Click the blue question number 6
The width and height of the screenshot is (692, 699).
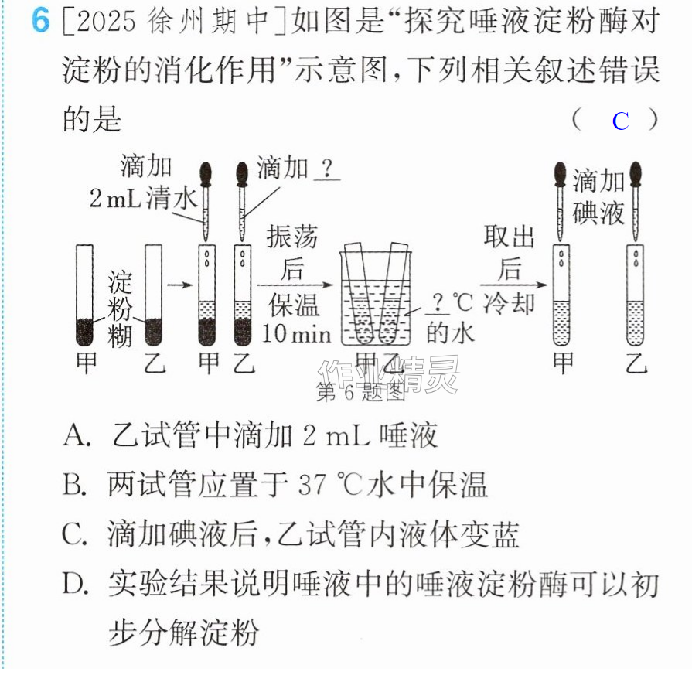tap(40, 21)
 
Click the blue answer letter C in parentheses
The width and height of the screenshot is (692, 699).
tap(620, 121)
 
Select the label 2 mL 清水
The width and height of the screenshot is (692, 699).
tap(144, 199)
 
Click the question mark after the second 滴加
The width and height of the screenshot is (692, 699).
tap(327, 168)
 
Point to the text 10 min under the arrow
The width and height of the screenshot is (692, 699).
tap(296, 333)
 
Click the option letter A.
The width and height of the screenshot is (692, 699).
tap(77, 435)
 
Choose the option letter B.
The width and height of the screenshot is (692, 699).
tap(74, 485)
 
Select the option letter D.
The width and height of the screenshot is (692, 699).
tap(75, 584)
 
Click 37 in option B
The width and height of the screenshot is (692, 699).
tap(312, 485)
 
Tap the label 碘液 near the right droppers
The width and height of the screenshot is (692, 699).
tap(598, 213)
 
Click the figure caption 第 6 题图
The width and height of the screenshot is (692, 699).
tap(360, 392)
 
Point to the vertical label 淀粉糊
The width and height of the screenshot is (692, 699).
tap(120, 309)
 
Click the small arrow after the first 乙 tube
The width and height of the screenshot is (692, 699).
tap(180, 285)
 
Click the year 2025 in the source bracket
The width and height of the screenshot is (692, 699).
tap(106, 22)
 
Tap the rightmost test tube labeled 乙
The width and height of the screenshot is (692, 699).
tap(635, 295)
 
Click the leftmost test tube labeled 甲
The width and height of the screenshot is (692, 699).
tap(84, 295)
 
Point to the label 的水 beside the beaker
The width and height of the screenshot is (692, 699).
tap(449, 333)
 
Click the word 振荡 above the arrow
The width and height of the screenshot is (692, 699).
tap(292, 237)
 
